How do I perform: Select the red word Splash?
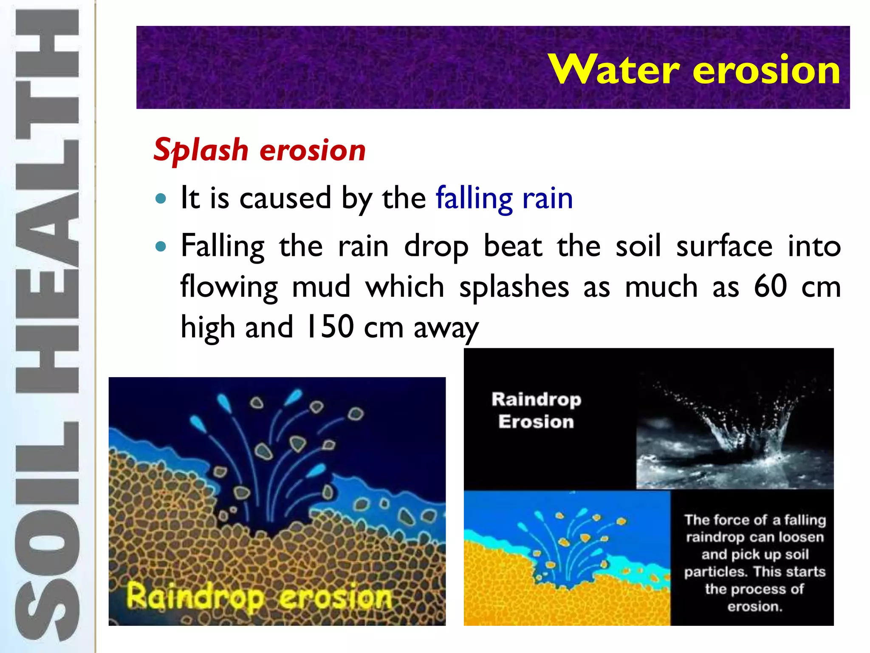[201, 150]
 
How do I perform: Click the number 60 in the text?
[770, 287]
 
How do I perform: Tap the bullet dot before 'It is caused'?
[161, 198]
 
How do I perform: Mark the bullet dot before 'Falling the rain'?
[161, 246]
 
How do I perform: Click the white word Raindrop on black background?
[536, 400]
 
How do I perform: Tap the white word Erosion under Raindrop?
[536, 422]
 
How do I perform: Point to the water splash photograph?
[734, 429]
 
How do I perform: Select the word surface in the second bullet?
[724, 246]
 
